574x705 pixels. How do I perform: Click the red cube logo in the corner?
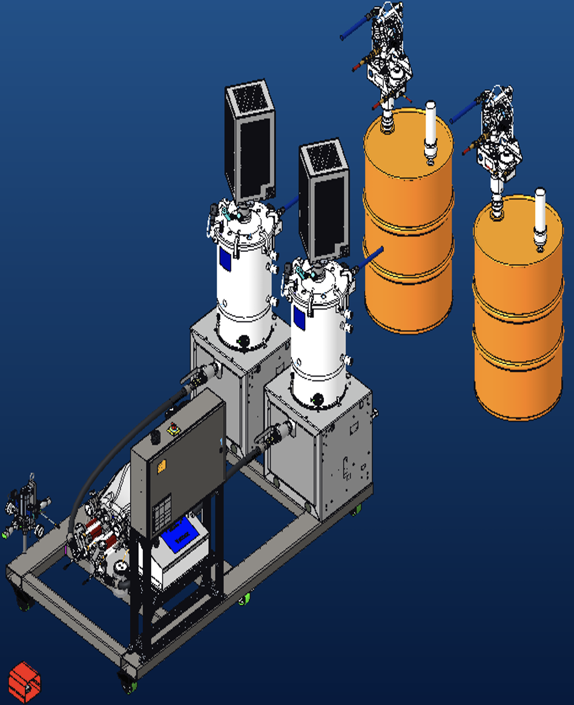(x=25, y=682)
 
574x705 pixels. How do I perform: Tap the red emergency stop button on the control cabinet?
(x=173, y=429)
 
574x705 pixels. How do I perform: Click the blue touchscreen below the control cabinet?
(x=182, y=535)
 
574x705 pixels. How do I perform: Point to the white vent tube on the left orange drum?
(x=431, y=131)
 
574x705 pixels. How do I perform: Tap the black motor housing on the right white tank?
(x=324, y=199)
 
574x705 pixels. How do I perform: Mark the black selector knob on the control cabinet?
(x=155, y=437)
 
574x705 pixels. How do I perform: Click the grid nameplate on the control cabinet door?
(x=162, y=511)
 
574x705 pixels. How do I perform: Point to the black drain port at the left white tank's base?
(x=244, y=342)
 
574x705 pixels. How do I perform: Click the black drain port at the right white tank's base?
(x=317, y=400)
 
